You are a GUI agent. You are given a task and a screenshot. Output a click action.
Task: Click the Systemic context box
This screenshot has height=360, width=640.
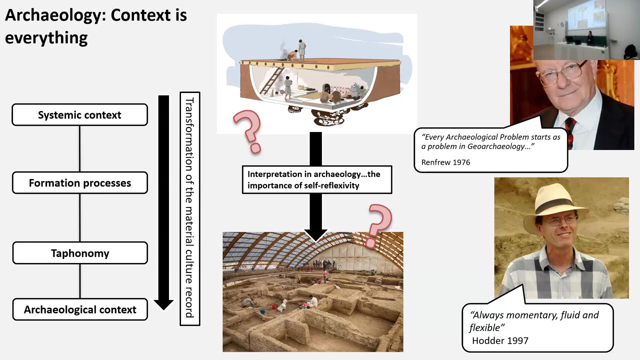click(79, 115)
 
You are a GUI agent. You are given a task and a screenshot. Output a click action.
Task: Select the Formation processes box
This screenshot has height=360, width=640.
click(79, 183)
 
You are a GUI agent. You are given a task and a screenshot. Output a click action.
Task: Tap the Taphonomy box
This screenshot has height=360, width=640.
click(79, 253)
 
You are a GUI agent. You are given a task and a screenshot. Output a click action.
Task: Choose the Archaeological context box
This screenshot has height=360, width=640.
click(79, 309)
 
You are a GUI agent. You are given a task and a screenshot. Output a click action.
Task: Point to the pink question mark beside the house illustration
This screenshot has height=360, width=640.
click(248, 131)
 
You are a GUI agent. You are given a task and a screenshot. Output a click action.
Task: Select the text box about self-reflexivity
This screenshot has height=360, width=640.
click(316, 180)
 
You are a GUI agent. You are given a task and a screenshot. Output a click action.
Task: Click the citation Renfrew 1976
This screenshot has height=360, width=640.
click(445, 162)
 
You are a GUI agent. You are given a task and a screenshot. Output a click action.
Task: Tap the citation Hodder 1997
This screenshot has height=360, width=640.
click(500, 341)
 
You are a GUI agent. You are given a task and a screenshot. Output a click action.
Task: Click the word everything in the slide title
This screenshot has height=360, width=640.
click(46, 37)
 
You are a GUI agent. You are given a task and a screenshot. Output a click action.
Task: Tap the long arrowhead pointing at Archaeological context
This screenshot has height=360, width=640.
click(163, 303)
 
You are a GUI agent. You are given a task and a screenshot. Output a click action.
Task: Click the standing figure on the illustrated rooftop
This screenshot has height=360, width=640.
click(302, 49)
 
